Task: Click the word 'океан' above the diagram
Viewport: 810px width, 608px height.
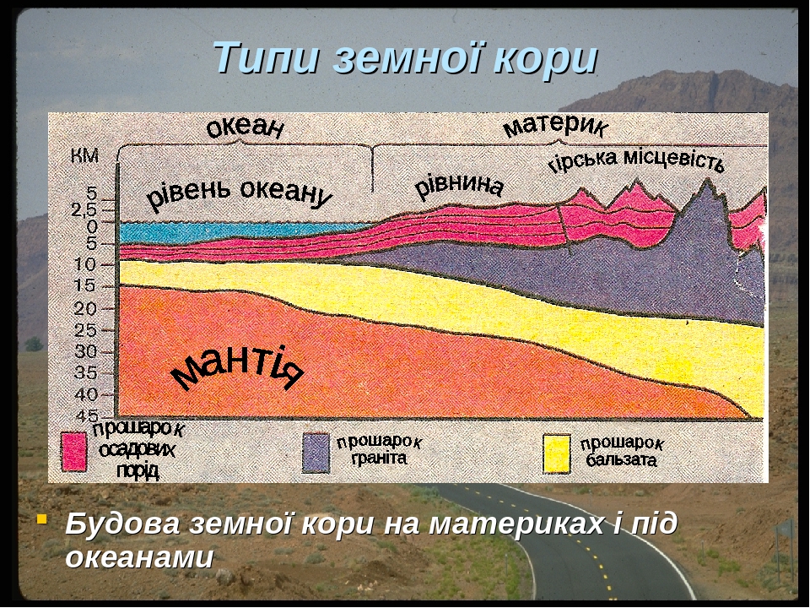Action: [246, 128]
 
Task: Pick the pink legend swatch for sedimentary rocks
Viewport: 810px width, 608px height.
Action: [74, 452]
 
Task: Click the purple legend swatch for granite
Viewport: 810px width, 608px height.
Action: [316, 453]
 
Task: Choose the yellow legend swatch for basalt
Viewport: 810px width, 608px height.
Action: [557, 453]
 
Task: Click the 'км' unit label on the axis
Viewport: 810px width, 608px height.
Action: [84, 156]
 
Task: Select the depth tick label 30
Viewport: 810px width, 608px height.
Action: [86, 351]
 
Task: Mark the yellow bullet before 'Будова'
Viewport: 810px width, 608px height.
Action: [42, 518]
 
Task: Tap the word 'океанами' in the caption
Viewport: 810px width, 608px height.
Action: [139, 557]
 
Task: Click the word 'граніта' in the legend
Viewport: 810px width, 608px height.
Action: [379, 458]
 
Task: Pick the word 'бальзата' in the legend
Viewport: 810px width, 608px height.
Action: [622, 459]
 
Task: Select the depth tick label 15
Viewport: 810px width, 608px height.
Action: [85, 285]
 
